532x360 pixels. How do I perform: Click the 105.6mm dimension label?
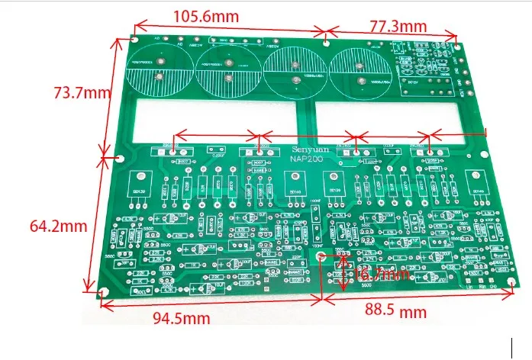205,16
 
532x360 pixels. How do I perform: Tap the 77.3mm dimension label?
398,26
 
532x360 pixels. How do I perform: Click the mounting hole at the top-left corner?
134,37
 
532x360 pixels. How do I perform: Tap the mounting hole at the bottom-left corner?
102,293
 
